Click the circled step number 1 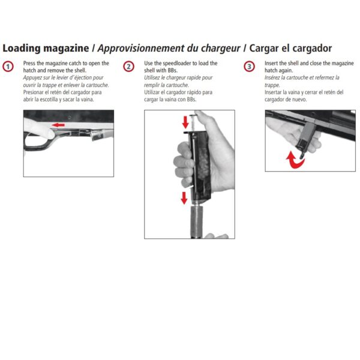(x=8, y=67)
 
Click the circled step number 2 (x=128, y=67)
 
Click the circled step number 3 (x=249, y=67)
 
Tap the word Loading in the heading (x=22, y=49)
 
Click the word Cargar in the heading (x=264, y=49)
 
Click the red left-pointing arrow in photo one (x=58, y=125)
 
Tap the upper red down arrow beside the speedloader (x=185, y=122)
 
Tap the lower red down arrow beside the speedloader (x=184, y=198)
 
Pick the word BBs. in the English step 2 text (x=172, y=70)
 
